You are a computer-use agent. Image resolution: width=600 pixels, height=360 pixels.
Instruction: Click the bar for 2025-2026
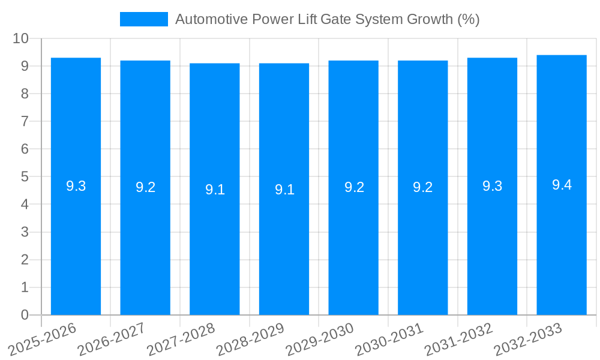[76, 240]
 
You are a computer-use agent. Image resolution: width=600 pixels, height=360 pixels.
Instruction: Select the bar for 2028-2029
[284, 240]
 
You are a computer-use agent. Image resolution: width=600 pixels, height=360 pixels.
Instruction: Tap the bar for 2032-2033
[562, 240]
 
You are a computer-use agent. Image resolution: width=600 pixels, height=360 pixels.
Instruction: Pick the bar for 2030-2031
[423, 240]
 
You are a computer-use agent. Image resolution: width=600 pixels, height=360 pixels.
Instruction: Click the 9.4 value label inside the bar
[562, 185]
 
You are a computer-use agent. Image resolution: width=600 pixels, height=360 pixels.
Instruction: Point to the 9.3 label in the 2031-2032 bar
[492, 186]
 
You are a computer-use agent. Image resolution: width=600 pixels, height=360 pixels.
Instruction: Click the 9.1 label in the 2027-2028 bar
[215, 190]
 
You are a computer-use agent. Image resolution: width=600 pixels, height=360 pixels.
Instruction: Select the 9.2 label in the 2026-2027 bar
[145, 187]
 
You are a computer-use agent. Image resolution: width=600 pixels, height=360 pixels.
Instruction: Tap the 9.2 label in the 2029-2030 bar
[354, 187]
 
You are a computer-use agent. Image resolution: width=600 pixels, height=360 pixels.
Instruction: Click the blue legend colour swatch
[144, 19]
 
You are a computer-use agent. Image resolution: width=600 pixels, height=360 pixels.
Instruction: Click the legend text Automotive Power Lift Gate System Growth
[327, 19]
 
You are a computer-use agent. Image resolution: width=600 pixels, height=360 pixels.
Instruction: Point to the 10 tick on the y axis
[20, 38]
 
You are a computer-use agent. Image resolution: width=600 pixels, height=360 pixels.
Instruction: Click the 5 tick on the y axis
[25, 177]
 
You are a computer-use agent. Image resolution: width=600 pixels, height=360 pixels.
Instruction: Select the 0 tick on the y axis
[25, 315]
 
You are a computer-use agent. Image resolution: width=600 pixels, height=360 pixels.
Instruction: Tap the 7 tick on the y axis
[25, 121]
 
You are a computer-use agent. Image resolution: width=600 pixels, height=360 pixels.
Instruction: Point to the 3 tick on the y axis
[25, 232]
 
